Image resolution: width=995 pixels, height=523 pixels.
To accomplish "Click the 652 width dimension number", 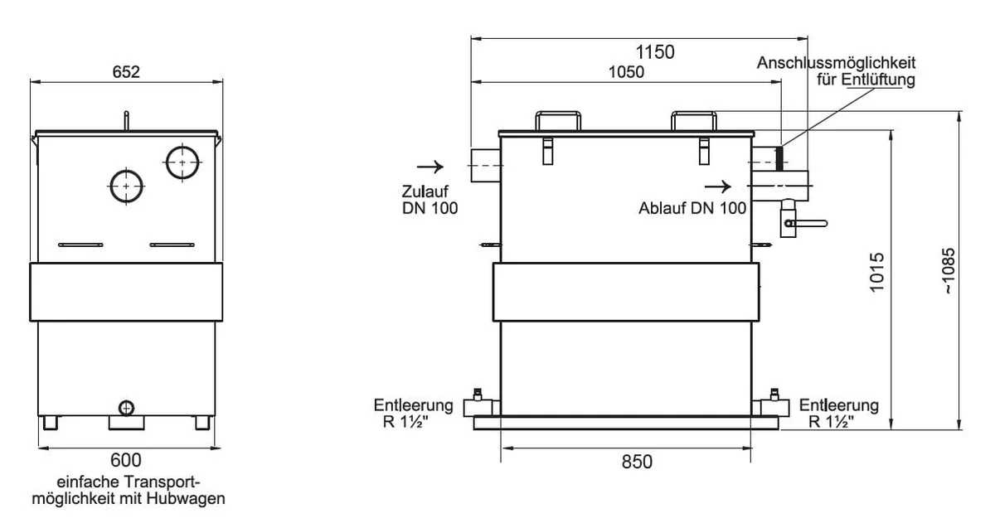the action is [126, 72].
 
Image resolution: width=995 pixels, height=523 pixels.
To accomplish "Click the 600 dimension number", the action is [126, 460].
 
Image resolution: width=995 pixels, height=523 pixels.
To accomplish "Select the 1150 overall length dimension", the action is [655, 52].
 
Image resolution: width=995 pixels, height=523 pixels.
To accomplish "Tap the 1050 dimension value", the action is [626, 72].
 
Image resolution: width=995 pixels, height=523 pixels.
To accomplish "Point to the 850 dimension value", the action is [637, 462].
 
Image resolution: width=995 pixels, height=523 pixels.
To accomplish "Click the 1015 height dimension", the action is [877, 272].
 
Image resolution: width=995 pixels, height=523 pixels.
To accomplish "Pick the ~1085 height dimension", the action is [948, 271].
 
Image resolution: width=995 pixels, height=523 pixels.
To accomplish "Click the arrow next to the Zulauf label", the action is [430, 167].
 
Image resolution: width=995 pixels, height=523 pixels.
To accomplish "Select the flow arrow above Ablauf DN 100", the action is [718, 186].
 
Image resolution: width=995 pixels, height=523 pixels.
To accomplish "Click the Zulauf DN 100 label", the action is [430, 200].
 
